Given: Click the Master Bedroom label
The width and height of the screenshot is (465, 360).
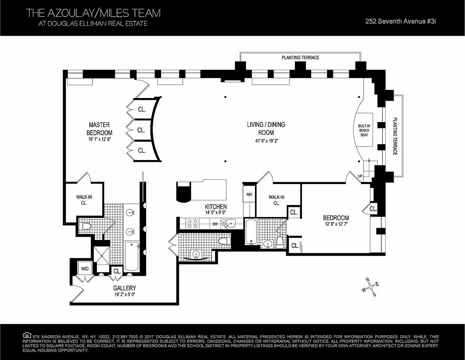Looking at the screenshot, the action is pos(99,129).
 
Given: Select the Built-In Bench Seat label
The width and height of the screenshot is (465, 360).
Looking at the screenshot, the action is pos(364,131).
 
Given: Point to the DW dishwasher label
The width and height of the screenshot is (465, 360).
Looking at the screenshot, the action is pos(215,224).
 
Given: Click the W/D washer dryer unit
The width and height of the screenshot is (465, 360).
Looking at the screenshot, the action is pos(85,269).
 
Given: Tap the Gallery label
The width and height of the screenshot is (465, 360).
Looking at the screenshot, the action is pos(124,288).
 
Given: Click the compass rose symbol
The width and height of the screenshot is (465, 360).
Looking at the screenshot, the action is pos(370,287).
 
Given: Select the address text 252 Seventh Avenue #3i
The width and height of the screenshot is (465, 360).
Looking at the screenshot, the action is pos(400,21).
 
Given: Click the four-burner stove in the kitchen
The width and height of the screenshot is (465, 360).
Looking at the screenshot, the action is pos(192,224).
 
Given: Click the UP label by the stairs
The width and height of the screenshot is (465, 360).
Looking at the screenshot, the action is pos(360,176).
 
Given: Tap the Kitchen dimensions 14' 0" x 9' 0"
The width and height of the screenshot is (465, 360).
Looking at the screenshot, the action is pos(216,213).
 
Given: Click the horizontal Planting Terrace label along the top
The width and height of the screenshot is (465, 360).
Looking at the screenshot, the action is pos(300,57).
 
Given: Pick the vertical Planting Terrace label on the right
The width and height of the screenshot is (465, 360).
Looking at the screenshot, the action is pos(395,136).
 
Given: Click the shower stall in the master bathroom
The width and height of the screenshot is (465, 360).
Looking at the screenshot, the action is pos(102,255).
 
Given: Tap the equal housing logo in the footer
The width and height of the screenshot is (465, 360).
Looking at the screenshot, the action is pos(27,335).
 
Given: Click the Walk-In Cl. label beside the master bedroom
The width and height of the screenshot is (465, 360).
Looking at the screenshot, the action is pos(84,200).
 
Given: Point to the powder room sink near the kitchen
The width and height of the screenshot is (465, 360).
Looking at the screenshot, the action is pos(196,255).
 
